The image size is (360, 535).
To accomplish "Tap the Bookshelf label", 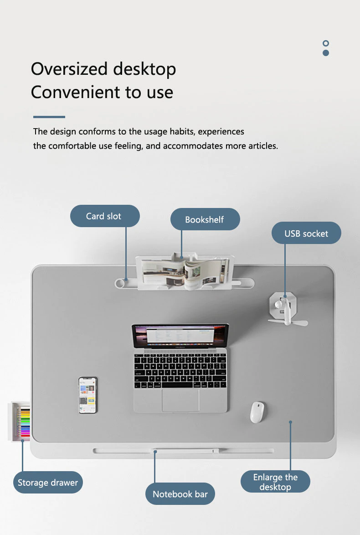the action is (205, 219).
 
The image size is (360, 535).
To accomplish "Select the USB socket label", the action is (307, 233).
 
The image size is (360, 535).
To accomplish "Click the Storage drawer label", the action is (48, 482).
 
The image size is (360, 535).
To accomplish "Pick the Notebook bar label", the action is (180, 493).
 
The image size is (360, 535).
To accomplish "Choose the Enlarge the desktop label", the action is (275, 482).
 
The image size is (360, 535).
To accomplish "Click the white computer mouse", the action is (257, 412).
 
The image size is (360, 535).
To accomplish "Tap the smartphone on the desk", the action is (88, 395).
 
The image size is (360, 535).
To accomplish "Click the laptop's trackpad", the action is (180, 400).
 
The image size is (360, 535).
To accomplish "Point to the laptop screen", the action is (180, 336).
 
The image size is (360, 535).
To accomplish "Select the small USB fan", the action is (286, 309).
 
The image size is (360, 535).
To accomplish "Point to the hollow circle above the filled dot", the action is (325, 43).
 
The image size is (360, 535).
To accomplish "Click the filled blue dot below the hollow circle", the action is (325, 53).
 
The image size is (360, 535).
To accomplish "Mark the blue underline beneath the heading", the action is (49, 117).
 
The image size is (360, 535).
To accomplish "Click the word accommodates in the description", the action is (193, 146).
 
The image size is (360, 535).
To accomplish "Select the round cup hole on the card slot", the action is (120, 283).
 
